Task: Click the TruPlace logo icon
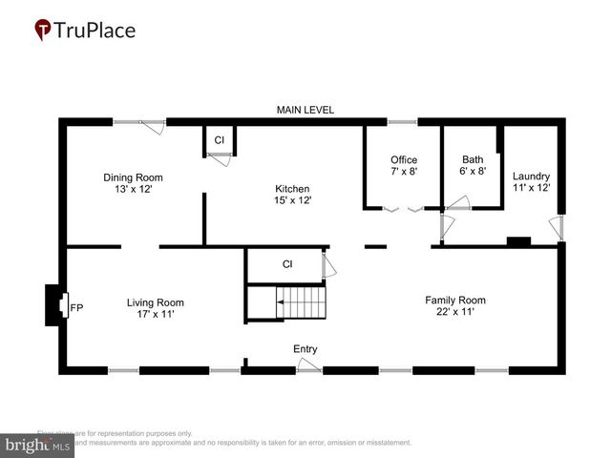point(43,31)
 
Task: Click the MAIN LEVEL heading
point(305,111)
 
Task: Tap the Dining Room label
point(133,177)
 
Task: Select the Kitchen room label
point(293,189)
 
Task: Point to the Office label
point(404,159)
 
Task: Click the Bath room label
point(473,159)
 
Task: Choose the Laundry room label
point(531,177)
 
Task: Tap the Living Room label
point(155,303)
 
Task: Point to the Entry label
point(305,349)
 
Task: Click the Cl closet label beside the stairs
point(286,264)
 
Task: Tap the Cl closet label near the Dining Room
point(219,140)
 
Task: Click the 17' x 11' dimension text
point(155,315)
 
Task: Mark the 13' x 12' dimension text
point(133,189)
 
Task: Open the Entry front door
point(307,366)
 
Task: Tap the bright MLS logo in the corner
point(38,445)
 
